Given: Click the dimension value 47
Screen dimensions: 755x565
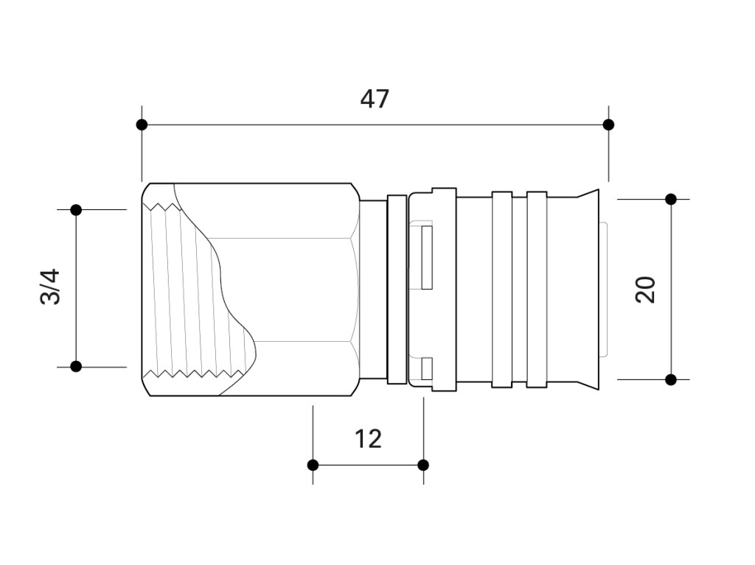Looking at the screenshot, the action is tap(375, 99).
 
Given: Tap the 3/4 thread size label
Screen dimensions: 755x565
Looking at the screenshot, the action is tap(50, 287).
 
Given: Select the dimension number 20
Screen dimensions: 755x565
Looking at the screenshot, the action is tap(645, 289).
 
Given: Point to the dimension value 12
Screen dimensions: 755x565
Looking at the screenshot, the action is tap(369, 439).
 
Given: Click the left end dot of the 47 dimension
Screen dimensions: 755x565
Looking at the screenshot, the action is tap(142, 124).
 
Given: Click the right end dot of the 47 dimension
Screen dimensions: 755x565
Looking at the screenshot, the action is tap(608, 124).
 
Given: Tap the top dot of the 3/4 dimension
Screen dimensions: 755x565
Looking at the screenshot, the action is tap(76, 210).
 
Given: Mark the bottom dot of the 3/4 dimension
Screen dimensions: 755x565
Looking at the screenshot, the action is tap(76, 367).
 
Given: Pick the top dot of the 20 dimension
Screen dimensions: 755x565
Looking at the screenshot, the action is tap(671, 199).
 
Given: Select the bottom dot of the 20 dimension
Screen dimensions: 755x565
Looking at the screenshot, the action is tap(671, 379).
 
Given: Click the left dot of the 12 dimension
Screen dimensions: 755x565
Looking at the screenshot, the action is tap(313, 465).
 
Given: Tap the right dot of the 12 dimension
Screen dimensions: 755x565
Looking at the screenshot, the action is tap(423, 465).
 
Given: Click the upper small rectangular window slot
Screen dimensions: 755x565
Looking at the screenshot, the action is tap(427, 258).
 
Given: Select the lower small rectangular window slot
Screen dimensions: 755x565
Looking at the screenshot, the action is tap(427, 368).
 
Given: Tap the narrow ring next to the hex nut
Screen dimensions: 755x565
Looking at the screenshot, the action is tap(397, 289).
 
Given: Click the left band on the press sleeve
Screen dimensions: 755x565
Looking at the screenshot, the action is tap(501, 289).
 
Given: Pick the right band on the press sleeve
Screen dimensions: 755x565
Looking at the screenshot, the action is tap(537, 289).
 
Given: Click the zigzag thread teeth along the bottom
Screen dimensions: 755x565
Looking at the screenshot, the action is tap(195, 373).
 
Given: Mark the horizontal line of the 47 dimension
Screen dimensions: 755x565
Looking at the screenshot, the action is tap(375, 124).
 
